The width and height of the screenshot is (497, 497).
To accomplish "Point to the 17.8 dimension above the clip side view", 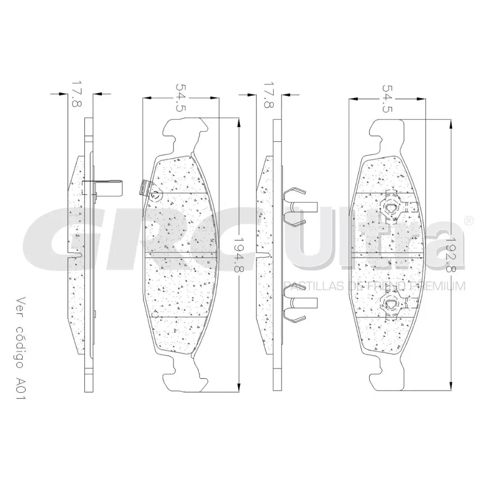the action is pos(268,94).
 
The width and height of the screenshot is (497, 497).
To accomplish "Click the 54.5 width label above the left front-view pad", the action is pos(181,98).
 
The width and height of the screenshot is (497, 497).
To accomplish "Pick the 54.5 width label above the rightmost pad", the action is pos(387,99).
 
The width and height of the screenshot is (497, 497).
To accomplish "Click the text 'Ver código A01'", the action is pos(20,348).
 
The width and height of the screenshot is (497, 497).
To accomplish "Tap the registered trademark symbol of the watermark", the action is pos(469,221).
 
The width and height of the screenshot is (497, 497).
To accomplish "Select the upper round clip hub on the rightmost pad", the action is pos(391,208).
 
